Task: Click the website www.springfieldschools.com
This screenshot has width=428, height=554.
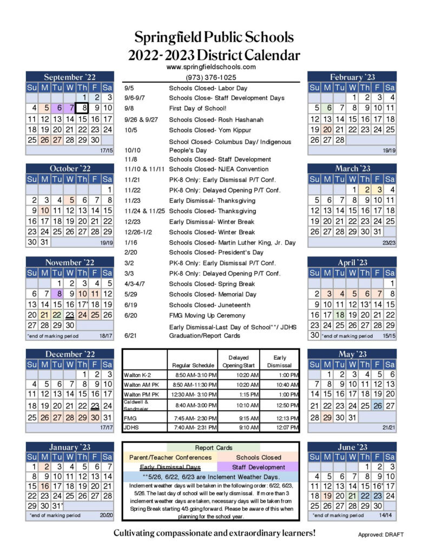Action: pos(211,67)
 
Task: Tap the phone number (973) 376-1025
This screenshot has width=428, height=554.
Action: pos(211,77)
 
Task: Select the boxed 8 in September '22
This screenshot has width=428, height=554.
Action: pos(82,108)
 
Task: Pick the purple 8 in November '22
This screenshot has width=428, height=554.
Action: pos(58,294)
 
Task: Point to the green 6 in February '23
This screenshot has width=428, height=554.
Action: pos(327,108)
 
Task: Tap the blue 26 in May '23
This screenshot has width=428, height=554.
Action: pos(378,406)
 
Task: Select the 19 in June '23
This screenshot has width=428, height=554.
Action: pos(327,496)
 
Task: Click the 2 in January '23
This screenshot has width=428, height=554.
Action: pos(47,466)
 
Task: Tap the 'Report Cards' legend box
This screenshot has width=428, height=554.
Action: pos(213,447)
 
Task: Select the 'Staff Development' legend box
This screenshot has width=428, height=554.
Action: pos(259,467)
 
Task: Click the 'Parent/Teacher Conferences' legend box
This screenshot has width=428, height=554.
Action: pos(170,457)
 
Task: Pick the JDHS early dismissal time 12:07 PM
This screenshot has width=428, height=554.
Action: pos(279,427)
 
